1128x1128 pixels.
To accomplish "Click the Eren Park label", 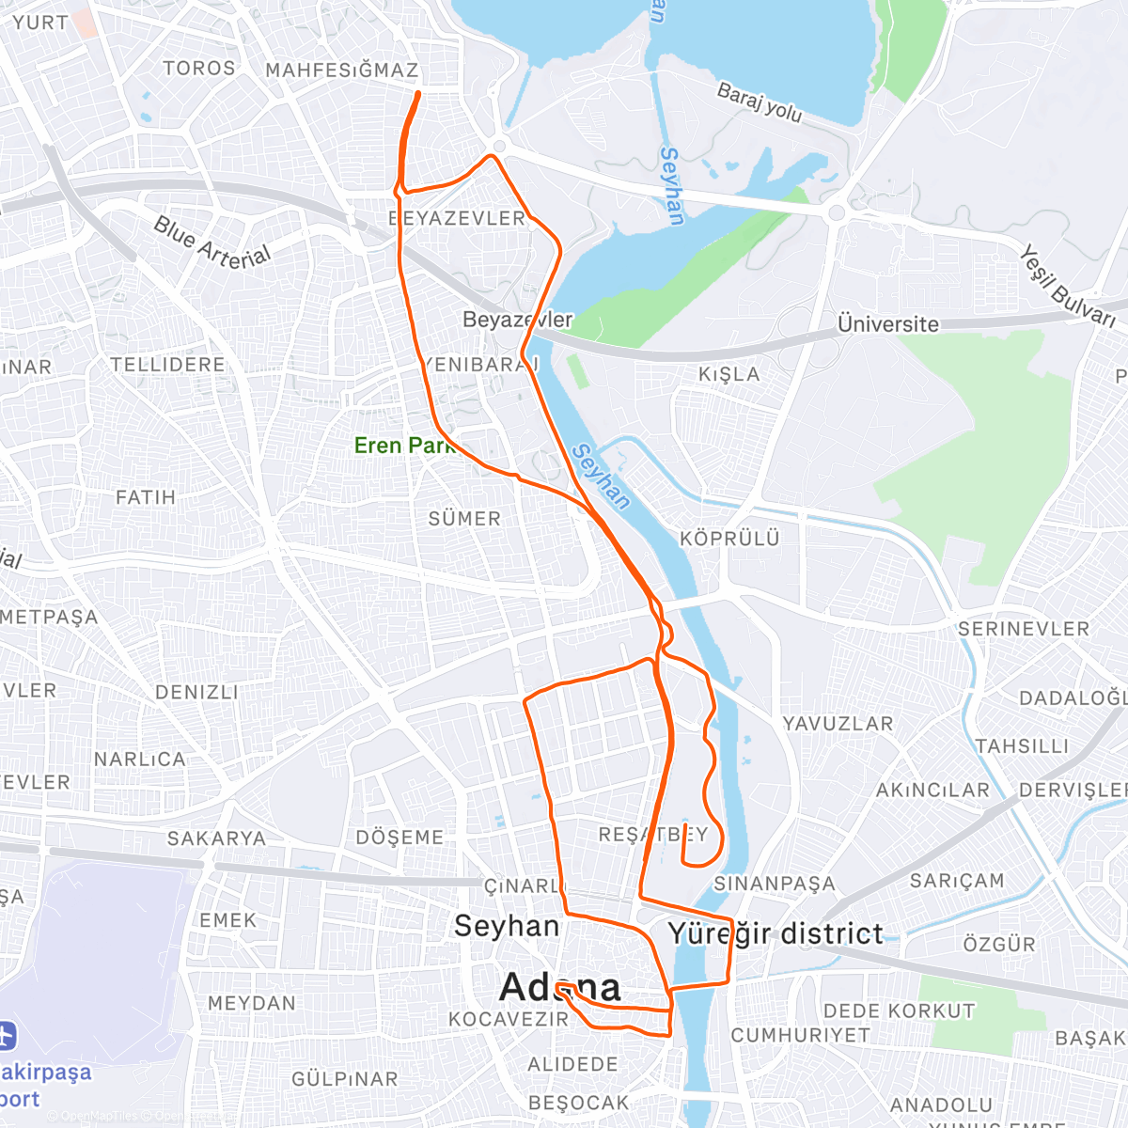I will click(x=404, y=446).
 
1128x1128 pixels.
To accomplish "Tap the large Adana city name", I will click(x=560, y=987).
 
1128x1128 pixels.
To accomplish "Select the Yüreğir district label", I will click(x=775, y=933).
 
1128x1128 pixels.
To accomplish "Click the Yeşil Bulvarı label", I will click(x=1068, y=287).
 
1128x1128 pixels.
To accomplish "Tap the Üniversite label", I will click(x=887, y=324).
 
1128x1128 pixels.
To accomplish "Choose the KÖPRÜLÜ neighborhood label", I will click(x=729, y=539).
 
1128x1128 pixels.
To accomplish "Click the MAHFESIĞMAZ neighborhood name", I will click(x=342, y=70).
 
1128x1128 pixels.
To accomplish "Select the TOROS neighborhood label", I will click(x=199, y=68).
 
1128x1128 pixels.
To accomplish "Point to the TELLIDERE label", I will click(x=167, y=365).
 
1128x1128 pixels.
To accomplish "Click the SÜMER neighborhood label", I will click(x=464, y=519).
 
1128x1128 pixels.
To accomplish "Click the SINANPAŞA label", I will click(x=774, y=884).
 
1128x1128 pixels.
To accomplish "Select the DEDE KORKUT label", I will click(x=899, y=1011).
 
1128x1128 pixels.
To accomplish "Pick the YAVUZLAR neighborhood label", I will click(x=838, y=724).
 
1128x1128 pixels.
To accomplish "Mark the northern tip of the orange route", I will click(x=417, y=92).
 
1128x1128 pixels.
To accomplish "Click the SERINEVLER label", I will click(x=1023, y=629).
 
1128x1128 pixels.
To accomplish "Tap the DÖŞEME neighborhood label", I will click(x=399, y=838).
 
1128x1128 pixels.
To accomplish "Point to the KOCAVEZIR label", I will click(x=509, y=1019).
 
